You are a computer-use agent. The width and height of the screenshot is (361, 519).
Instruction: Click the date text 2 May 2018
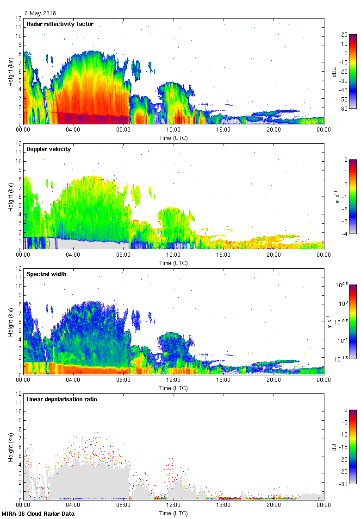coord(40,13)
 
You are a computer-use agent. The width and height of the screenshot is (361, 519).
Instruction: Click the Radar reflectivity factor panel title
coord(60,24)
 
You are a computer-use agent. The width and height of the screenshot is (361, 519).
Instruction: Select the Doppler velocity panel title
coord(49,149)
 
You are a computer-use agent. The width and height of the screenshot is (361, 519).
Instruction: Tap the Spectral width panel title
coord(47,274)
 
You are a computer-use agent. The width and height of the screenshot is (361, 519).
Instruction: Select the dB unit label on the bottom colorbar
coord(334,447)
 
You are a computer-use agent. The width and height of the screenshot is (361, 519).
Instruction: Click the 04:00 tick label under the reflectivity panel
coord(73,130)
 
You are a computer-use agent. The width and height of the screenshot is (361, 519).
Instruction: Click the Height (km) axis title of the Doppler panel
coord(11,196)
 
